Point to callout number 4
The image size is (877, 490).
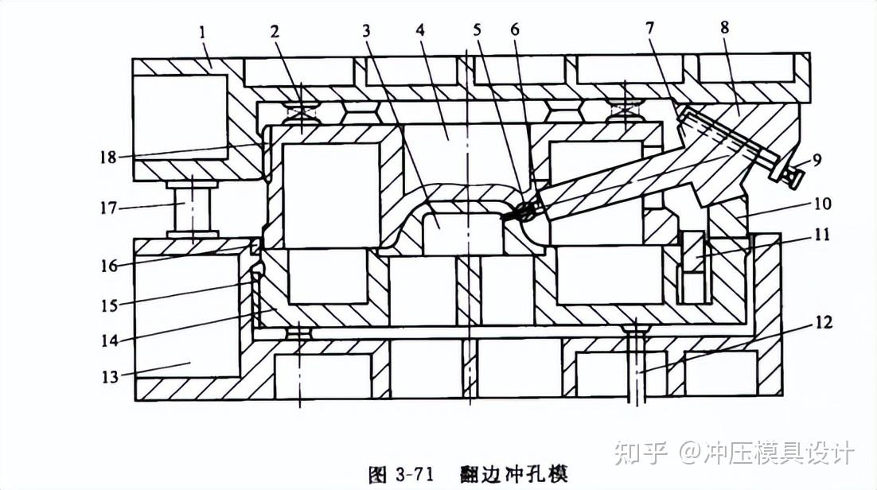419,31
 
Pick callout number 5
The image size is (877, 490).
477,30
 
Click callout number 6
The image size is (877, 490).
514,30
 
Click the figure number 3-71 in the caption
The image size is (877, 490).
411,474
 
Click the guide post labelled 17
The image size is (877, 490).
191,208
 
